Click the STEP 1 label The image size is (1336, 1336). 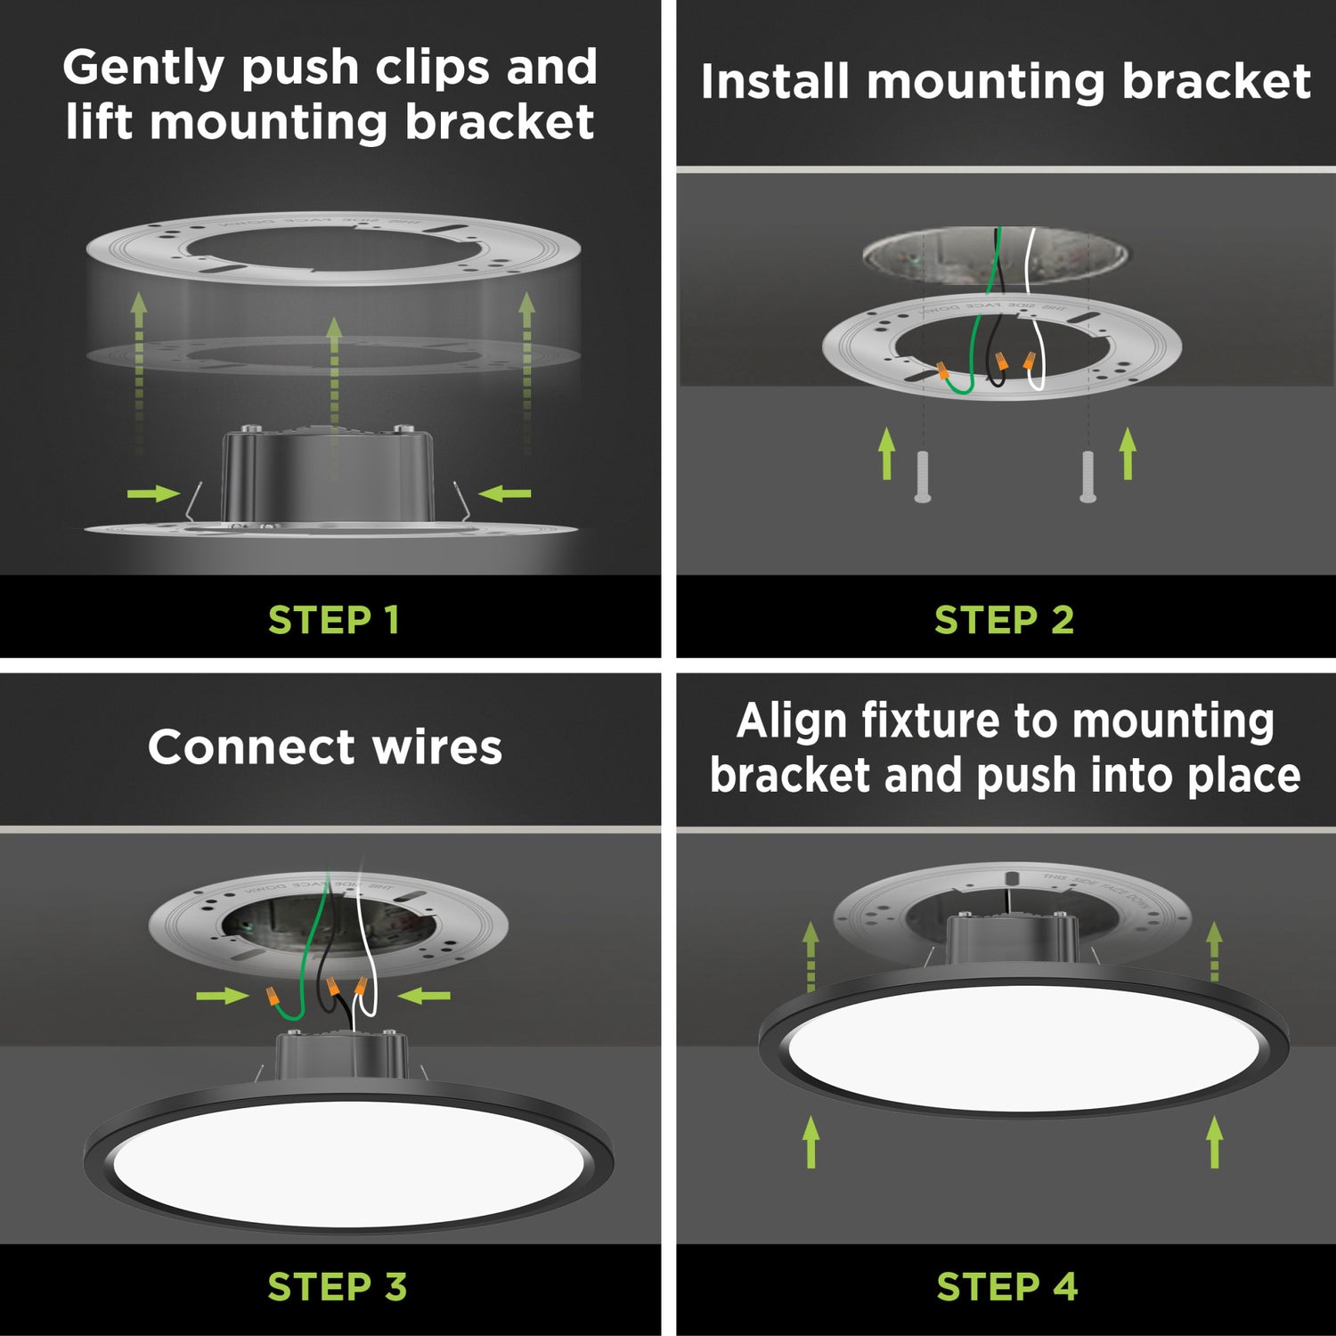[x=333, y=620]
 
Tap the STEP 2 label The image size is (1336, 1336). [x=1004, y=620]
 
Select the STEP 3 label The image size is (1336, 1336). [x=337, y=1287]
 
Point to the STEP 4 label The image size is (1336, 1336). [x=1006, y=1287]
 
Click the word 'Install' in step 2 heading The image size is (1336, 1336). [x=774, y=82]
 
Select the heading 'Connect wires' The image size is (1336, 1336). [x=325, y=746]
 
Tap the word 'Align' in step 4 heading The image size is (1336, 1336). [x=791, y=721]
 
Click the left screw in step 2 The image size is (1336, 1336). [x=923, y=477]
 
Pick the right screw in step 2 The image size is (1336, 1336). [x=1088, y=477]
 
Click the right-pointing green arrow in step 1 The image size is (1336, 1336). [x=153, y=493]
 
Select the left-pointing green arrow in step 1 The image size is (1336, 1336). [x=505, y=493]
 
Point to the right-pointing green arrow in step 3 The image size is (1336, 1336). [x=222, y=995]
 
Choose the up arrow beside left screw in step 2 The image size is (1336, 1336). [x=886, y=452]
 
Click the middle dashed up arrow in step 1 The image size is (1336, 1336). [x=334, y=374]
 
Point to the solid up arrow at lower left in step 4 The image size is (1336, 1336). [x=811, y=1142]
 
